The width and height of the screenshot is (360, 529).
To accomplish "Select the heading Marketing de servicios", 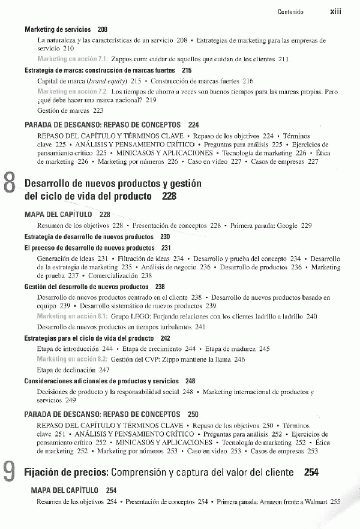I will (58, 29).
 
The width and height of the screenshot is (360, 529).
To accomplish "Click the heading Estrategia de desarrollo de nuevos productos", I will (89, 237).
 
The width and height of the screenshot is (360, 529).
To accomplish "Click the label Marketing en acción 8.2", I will (72, 359).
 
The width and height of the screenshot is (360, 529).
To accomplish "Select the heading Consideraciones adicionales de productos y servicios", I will (101, 381).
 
